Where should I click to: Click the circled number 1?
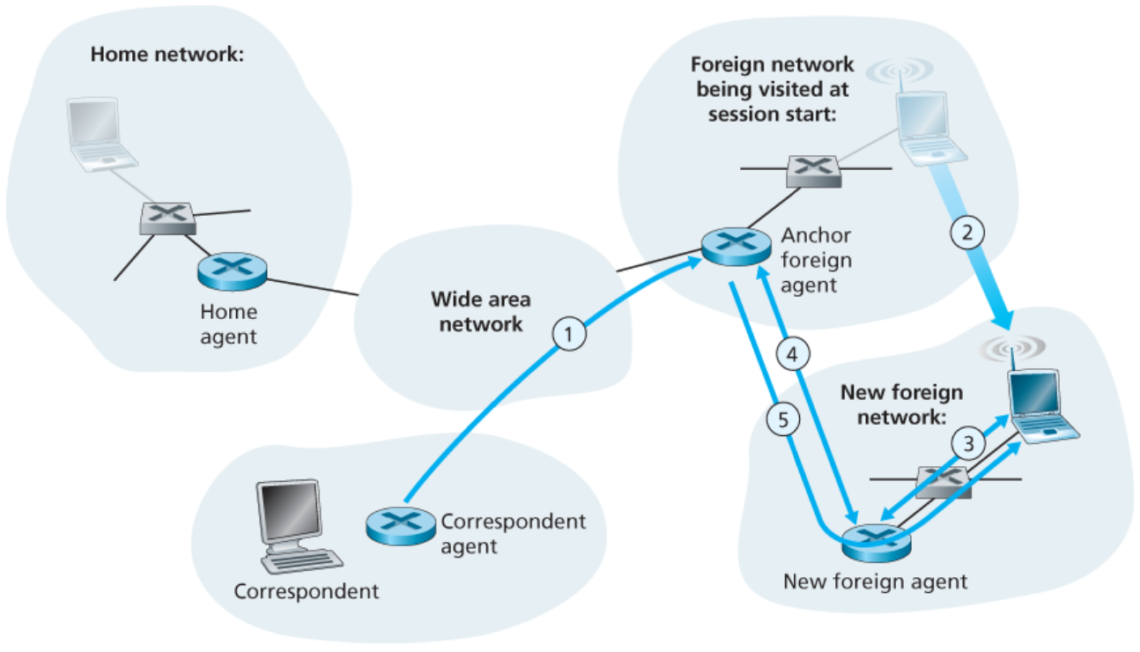(569, 334)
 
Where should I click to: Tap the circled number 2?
(966, 233)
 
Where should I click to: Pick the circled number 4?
(792, 354)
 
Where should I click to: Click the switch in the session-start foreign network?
(813, 170)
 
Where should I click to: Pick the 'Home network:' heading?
(167, 55)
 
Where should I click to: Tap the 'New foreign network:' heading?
(901, 404)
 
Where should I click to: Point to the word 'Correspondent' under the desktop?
(307, 590)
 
